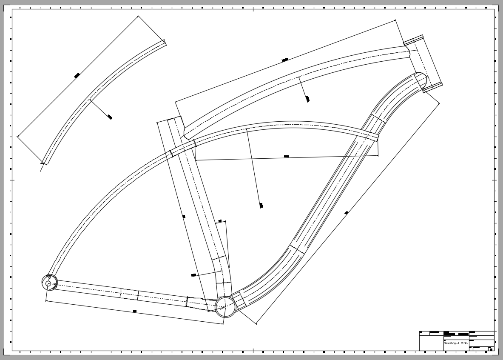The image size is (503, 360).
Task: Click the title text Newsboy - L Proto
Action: pyautogui.click(x=455, y=343)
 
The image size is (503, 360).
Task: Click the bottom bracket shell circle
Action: pyautogui.click(x=225, y=306)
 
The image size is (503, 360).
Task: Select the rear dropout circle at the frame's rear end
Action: pyautogui.click(x=49, y=283)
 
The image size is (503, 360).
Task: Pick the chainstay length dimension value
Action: pyautogui.click(x=135, y=311)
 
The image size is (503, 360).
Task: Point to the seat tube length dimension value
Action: pyautogui.click(x=184, y=217)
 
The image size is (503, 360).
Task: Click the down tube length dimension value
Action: pyautogui.click(x=347, y=212)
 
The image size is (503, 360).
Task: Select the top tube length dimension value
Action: pyautogui.click(x=285, y=60)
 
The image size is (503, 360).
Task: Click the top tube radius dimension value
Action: pyautogui.click(x=307, y=99)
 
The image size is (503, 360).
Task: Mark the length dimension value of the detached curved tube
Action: pyautogui.click(x=77, y=76)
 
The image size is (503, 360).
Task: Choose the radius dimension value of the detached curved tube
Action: pyautogui.click(x=110, y=117)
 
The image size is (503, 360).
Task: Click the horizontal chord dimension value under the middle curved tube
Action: pyautogui.click(x=287, y=157)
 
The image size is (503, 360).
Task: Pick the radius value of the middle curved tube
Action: pyautogui.click(x=261, y=206)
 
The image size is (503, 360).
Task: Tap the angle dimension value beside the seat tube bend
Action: pyautogui.click(x=220, y=221)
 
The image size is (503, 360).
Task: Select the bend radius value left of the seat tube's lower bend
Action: pyautogui.click(x=193, y=275)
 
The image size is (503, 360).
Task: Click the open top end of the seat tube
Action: pyautogui.click(x=174, y=119)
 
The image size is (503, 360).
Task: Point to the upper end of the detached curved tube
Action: pyautogui.click(x=165, y=43)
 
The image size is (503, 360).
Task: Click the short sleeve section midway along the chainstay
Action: pyautogui.click(x=129, y=294)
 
